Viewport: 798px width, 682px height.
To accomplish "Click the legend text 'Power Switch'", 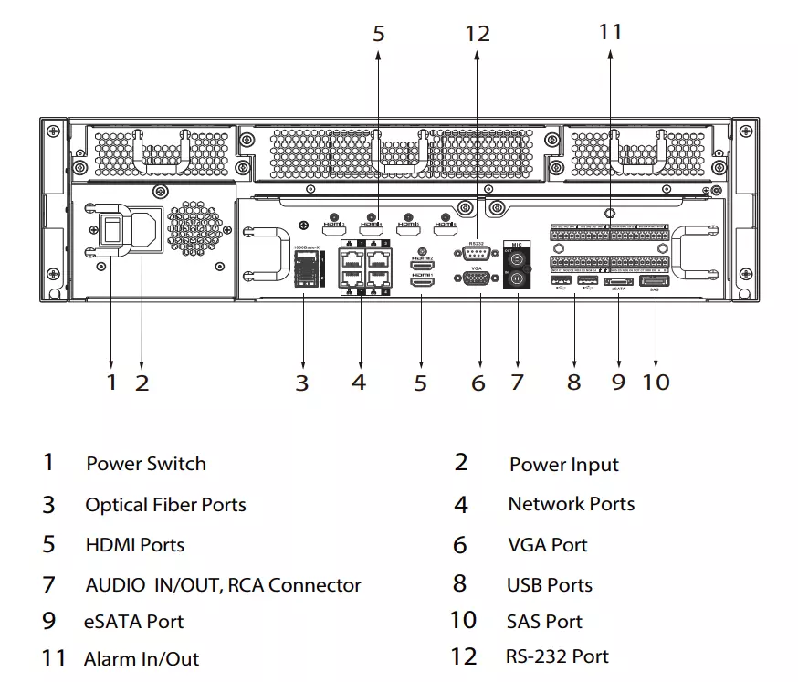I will (x=146, y=464).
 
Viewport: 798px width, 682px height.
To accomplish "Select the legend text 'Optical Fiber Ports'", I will (x=165, y=505).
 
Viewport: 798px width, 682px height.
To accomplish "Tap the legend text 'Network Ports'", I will (x=571, y=504).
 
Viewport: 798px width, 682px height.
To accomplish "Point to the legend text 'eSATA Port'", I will (x=134, y=622).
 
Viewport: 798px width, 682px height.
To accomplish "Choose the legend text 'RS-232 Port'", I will (x=557, y=656).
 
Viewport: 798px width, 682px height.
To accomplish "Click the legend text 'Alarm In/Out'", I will (x=142, y=659).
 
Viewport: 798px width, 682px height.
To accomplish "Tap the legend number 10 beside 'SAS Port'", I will (x=463, y=621).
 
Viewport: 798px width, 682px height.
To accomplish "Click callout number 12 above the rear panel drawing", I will (x=478, y=35).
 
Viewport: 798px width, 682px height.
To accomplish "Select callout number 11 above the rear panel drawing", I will (x=610, y=32).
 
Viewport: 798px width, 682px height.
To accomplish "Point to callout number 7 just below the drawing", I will (x=518, y=382).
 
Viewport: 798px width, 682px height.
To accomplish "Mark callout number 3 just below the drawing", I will (x=302, y=383).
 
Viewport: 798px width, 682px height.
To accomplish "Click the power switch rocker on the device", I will (x=111, y=230).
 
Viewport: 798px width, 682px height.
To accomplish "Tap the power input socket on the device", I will (x=145, y=230).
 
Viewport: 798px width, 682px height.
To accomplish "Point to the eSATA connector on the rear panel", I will (x=619, y=281).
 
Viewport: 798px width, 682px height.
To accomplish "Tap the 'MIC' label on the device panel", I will (x=517, y=245).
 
